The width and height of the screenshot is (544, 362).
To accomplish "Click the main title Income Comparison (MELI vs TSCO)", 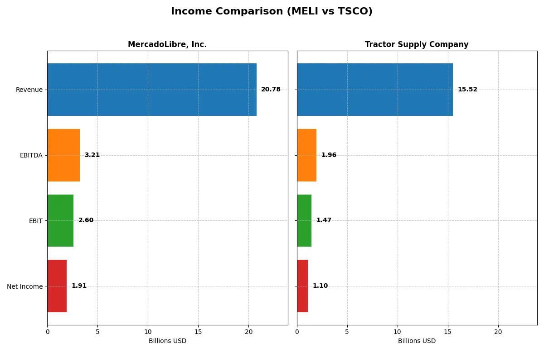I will click(x=272, y=11).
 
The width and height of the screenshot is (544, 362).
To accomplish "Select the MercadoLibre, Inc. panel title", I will click(x=167, y=44).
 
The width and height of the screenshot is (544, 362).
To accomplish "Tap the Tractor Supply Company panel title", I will click(x=417, y=44).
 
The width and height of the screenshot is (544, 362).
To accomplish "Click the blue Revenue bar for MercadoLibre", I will click(x=152, y=90).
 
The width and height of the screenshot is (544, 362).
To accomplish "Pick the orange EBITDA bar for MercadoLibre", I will click(x=63, y=155).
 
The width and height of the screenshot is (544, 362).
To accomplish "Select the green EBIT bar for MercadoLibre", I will click(x=60, y=220).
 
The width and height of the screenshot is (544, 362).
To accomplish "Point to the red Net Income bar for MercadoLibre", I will click(x=57, y=286).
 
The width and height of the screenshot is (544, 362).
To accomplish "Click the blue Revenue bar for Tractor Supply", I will click(x=375, y=90).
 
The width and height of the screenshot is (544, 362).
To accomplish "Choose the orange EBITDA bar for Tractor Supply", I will click(x=307, y=155).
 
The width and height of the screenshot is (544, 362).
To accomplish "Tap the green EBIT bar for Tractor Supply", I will click(x=304, y=220).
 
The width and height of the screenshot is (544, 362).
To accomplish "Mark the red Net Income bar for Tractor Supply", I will click(x=302, y=286).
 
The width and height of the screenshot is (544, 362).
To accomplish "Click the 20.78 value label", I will click(x=271, y=90).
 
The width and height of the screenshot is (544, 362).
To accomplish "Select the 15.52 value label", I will click(x=467, y=90).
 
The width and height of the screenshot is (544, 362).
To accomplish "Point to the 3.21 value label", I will click(x=92, y=155).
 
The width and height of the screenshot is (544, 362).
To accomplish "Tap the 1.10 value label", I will click(x=320, y=286).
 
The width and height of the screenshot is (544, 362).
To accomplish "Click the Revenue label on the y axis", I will click(x=29, y=90).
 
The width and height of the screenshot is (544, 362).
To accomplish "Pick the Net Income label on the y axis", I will click(x=25, y=286).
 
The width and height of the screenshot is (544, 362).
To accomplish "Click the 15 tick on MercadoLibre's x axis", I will click(x=198, y=332).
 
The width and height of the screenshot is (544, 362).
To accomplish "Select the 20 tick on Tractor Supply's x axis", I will click(x=498, y=332).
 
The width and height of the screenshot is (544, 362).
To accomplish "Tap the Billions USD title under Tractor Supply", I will click(x=417, y=341).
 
